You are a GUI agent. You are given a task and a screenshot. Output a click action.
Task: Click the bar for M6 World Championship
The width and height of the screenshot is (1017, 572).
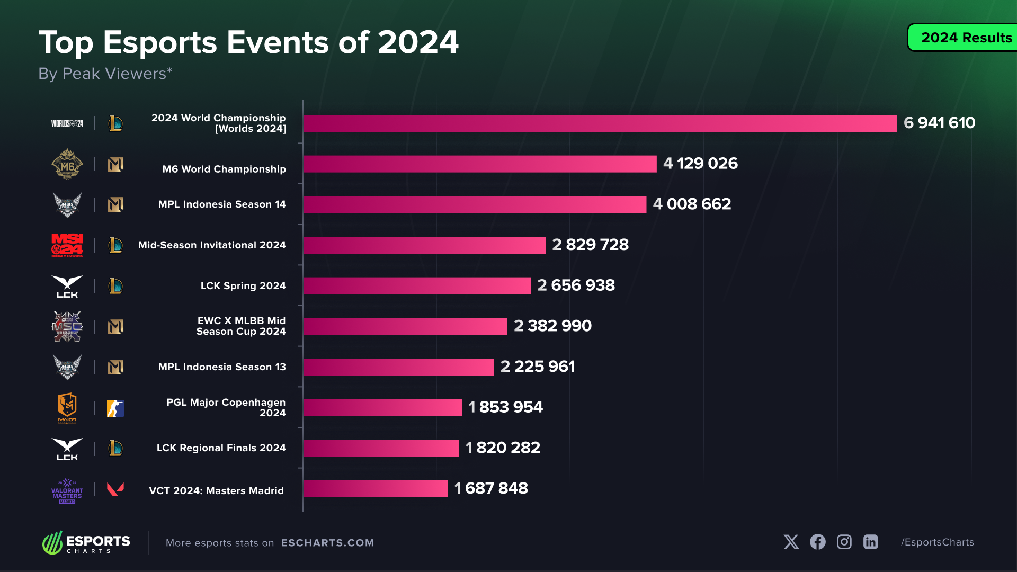(479, 164)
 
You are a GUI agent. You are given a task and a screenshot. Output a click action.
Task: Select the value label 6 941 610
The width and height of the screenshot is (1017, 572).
(939, 123)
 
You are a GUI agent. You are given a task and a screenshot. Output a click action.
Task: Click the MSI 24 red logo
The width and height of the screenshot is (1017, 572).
(67, 245)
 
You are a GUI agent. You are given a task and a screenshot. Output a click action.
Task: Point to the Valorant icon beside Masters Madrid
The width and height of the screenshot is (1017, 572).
(115, 489)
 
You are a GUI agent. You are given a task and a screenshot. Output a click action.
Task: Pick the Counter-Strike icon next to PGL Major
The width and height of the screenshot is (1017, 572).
(115, 408)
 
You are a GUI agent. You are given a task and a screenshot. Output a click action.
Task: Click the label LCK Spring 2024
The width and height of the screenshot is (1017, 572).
(243, 286)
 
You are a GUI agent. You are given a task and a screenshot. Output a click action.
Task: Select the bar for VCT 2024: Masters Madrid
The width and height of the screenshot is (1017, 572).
(375, 488)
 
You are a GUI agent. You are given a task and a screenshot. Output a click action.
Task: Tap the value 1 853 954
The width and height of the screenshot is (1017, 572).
(505, 407)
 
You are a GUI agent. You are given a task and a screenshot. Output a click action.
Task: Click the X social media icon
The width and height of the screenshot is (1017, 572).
(791, 542)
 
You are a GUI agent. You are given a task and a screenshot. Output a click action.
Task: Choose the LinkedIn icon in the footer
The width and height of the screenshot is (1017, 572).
(870, 542)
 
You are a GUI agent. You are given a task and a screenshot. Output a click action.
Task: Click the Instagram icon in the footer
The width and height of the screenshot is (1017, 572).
(844, 542)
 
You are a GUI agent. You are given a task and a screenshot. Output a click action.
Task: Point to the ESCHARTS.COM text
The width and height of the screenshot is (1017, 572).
(327, 543)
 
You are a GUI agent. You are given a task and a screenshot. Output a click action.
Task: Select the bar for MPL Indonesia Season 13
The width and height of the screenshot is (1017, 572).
(398, 367)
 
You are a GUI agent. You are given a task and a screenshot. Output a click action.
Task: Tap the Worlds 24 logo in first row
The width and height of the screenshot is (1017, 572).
(67, 123)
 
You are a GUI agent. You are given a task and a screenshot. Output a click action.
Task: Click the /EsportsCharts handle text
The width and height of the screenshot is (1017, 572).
(937, 542)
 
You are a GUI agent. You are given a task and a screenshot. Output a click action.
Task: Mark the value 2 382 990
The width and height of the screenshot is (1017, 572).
(552, 326)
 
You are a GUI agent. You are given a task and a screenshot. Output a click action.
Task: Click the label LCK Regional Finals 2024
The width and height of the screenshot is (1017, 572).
(221, 448)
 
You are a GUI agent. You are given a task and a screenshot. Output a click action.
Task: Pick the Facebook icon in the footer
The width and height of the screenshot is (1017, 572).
(817, 542)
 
